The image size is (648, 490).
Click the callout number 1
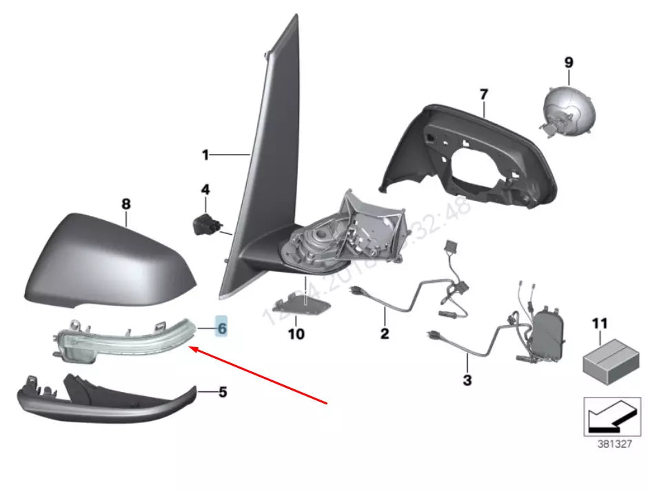(205, 155)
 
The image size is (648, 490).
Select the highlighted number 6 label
(222, 328)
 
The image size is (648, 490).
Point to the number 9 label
(569, 62)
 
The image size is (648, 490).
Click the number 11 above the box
(600, 322)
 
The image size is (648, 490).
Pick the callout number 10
(296, 334)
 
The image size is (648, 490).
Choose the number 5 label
(222, 393)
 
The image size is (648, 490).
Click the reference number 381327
(614, 444)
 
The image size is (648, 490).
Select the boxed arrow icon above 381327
(607, 415)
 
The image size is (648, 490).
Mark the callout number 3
(467, 380)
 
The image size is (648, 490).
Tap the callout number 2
(384, 334)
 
